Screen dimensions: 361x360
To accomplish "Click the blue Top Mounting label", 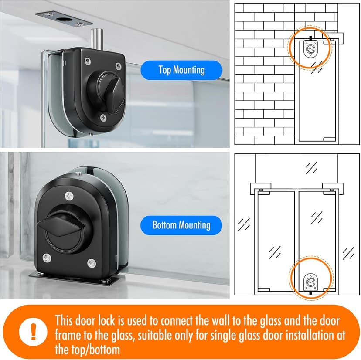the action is [x=181, y=70].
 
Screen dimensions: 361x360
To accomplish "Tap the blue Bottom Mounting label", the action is [x=181, y=225].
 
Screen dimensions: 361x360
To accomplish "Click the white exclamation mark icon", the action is [x=33, y=332].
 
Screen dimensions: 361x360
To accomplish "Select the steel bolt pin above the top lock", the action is [x=96, y=38].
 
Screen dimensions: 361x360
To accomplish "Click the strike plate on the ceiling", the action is [x=64, y=18].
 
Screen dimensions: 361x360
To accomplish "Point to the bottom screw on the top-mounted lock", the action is [x=103, y=118].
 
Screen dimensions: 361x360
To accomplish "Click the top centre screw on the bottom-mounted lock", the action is [x=69, y=196].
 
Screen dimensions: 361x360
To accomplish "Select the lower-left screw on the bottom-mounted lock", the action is [x=47, y=258].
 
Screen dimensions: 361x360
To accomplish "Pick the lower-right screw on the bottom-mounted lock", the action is [x=92, y=263].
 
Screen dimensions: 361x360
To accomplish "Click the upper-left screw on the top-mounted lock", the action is [x=88, y=61].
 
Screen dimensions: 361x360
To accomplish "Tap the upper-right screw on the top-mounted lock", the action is [x=118, y=66].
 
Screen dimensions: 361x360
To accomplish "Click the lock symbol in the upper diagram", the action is [x=310, y=48].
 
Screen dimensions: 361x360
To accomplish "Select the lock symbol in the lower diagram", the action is [x=310, y=282].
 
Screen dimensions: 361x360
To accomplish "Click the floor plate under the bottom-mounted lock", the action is [x=74, y=279].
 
